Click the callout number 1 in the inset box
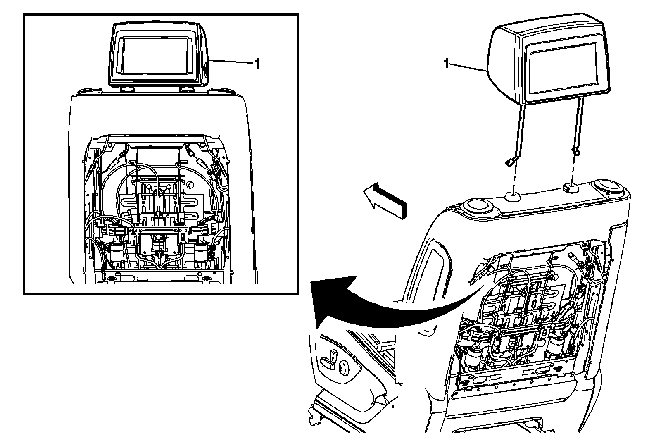pyautogui.click(x=257, y=64)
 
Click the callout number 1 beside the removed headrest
pyautogui.click(x=446, y=63)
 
